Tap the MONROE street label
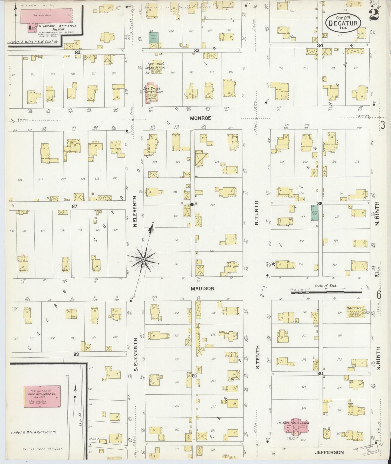pos(200,118)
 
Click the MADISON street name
pos(202,289)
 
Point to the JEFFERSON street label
pos(329,452)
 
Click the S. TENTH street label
pos(258,357)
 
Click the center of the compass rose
pos(143,260)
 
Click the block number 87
pos(74,206)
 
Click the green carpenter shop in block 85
pos(314,213)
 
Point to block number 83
pos(196,50)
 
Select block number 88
pos(76,354)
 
